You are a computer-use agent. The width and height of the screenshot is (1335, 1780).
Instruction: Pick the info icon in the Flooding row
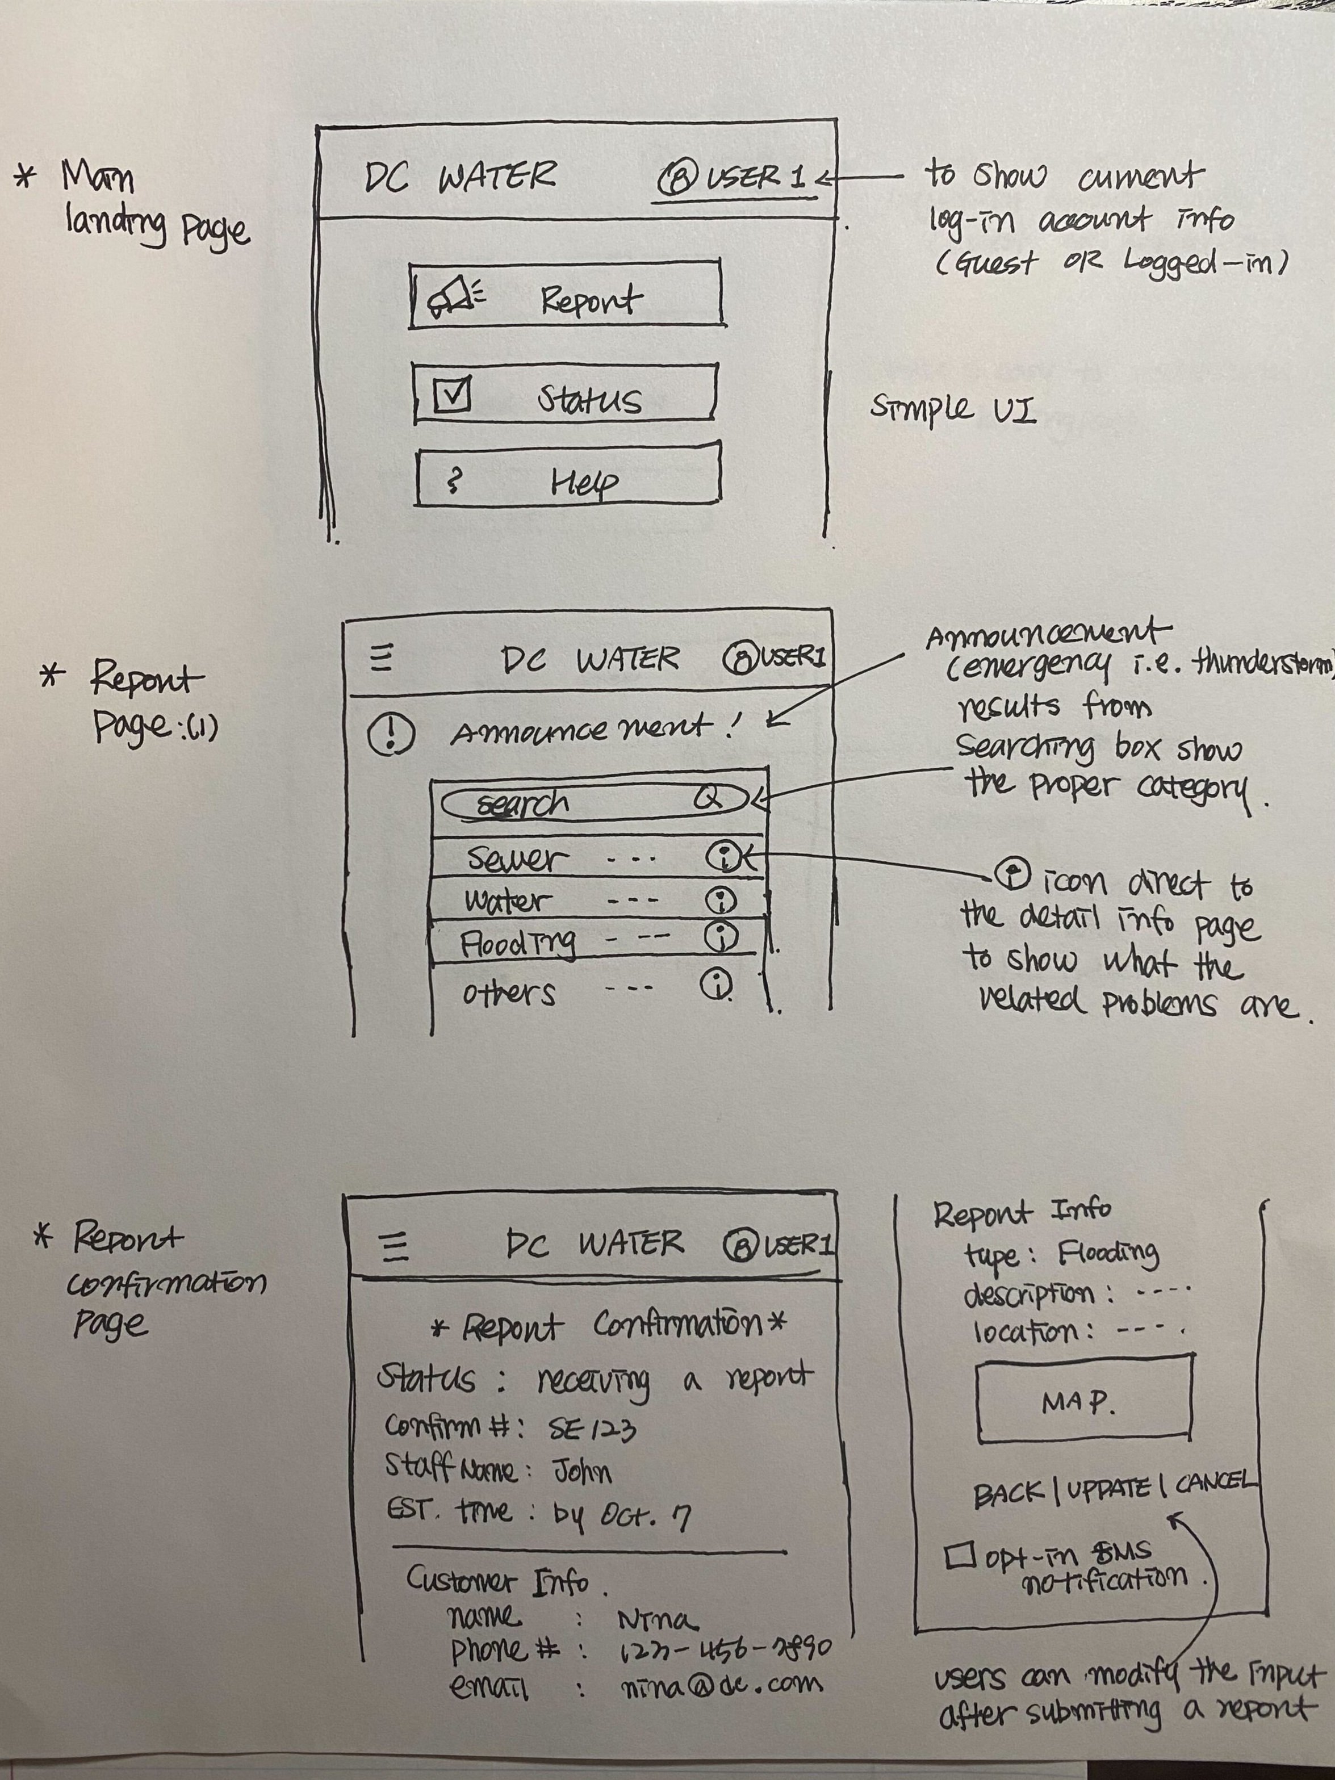click(721, 936)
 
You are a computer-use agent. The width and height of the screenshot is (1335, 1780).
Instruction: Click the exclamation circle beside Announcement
click(391, 735)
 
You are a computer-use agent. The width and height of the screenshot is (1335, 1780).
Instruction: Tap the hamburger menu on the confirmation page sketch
click(394, 1246)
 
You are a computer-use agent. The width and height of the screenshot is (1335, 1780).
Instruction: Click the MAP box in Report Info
click(1082, 1402)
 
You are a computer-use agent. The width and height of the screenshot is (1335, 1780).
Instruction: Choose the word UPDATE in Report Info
click(1107, 1489)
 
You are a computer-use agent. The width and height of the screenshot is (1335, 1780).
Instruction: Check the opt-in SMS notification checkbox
click(960, 1555)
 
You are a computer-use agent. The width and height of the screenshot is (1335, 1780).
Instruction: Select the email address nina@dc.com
click(722, 1683)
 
